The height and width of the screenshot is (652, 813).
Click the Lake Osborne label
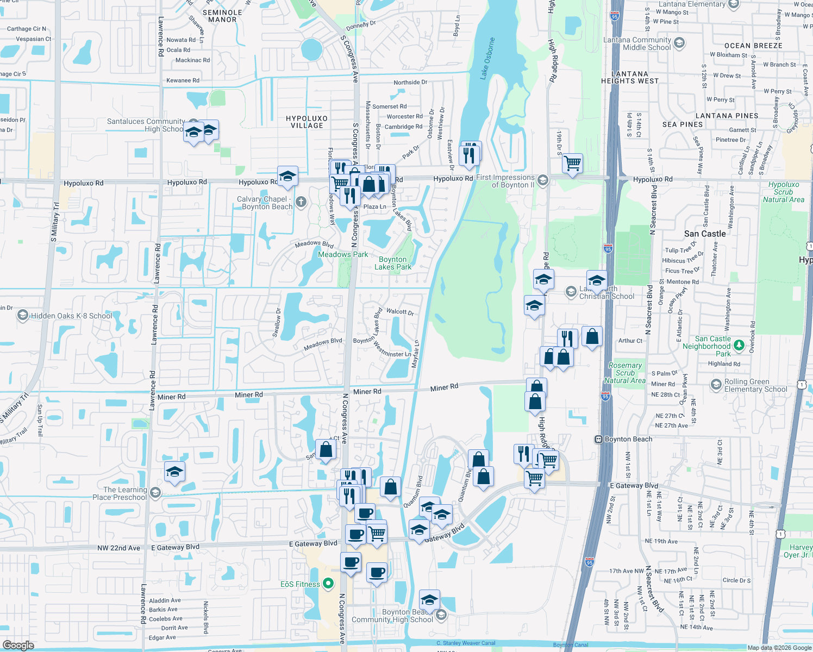pyautogui.click(x=487, y=59)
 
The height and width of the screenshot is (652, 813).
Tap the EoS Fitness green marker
pyautogui.click(x=328, y=584)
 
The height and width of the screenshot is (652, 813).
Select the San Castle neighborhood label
pyautogui.click(x=705, y=234)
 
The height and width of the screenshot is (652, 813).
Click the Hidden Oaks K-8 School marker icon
pyautogui.click(x=22, y=316)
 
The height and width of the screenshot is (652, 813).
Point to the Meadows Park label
pyautogui.click(x=343, y=254)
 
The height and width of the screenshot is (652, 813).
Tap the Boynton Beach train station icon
pyautogui.click(x=598, y=439)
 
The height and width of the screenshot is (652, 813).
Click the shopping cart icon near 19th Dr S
pyautogui.click(x=572, y=162)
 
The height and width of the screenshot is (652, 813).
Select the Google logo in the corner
pyautogui.click(x=18, y=645)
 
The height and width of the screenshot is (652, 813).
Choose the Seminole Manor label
pyautogui.click(x=222, y=16)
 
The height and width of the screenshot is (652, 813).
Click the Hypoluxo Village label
pyautogui.click(x=307, y=122)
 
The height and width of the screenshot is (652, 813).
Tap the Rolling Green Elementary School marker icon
pyautogui.click(x=716, y=385)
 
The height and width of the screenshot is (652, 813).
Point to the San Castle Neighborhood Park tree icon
pyautogui.click(x=739, y=345)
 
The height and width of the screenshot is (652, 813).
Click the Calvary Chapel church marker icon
pyautogui.click(x=301, y=203)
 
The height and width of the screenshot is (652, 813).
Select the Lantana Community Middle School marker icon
pyautogui.click(x=679, y=43)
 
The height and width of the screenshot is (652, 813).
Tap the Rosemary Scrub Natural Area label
pyautogui.click(x=625, y=373)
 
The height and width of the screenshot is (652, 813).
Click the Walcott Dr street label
pyautogui.click(x=400, y=312)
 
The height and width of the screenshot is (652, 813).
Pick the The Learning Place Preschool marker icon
pyautogui.click(x=155, y=493)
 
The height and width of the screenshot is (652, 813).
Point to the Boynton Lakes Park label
pyautogui.click(x=393, y=263)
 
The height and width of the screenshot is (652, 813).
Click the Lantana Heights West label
pyautogui.click(x=630, y=77)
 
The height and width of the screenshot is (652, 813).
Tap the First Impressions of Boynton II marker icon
pyautogui.click(x=542, y=180)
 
